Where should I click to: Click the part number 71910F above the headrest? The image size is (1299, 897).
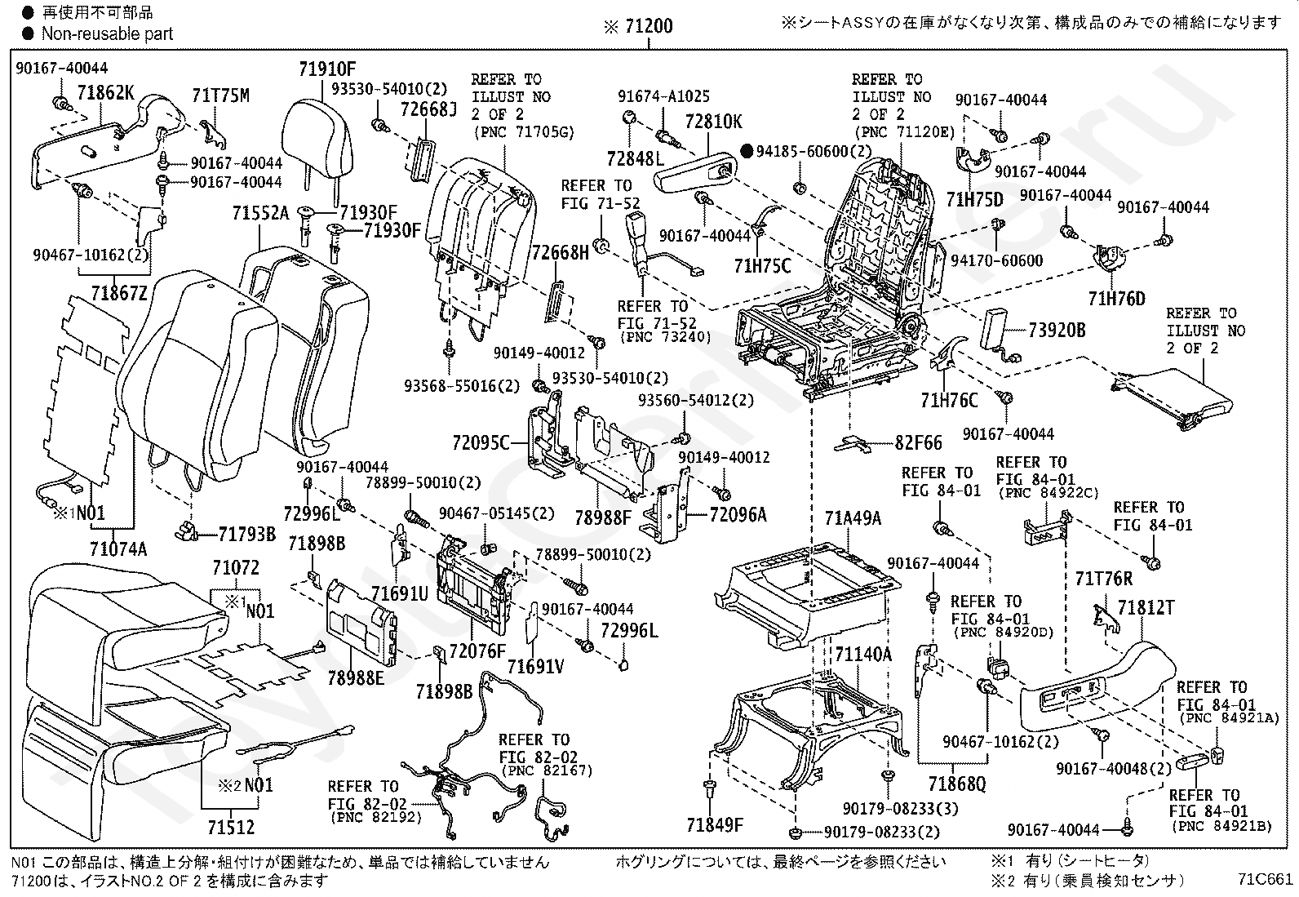point(327,69)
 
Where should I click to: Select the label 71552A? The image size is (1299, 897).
point(260,214)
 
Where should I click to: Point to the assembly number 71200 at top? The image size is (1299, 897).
point(649,26)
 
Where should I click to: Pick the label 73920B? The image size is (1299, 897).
point(1057,330)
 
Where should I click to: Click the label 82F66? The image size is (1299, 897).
point(919,442)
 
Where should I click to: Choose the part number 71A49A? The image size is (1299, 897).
point(853,518)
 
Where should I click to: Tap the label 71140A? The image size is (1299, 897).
point(863,655)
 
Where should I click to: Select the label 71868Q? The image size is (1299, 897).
point(957,784)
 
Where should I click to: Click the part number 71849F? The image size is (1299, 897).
point(715,824)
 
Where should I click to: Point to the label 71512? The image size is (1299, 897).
point(232,827)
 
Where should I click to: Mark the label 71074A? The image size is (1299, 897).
point(118,548)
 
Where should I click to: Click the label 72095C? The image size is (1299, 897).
point(481,443)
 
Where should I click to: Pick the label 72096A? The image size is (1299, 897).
point(738,515)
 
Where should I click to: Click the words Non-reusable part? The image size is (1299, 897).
point(107,33)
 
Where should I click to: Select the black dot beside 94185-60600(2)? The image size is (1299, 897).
point(747,152)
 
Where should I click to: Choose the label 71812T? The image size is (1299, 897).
point(1146,607)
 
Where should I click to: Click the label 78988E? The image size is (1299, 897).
point(356,677)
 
